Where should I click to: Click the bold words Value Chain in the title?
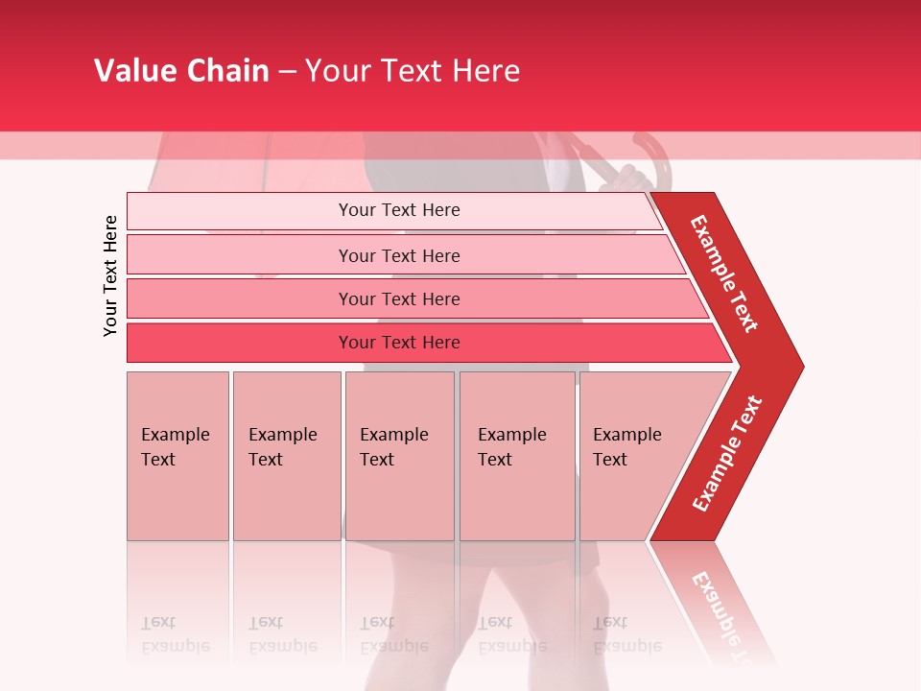[181, 71]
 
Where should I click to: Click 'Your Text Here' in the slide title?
[413, 71]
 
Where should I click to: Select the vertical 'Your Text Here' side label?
[110, 275]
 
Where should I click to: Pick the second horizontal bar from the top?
[399, 255]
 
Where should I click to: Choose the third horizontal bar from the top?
[399, 298]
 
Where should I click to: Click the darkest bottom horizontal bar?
[399, 343]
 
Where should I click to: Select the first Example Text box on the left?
[177, 456]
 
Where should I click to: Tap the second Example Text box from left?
[286, 456]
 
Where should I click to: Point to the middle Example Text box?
[399, 456]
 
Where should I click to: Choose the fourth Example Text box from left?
[517, 456]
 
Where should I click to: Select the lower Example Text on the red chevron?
[727, 454]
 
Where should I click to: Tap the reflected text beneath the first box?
[175, 634]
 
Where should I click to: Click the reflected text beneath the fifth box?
[626, 634]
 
